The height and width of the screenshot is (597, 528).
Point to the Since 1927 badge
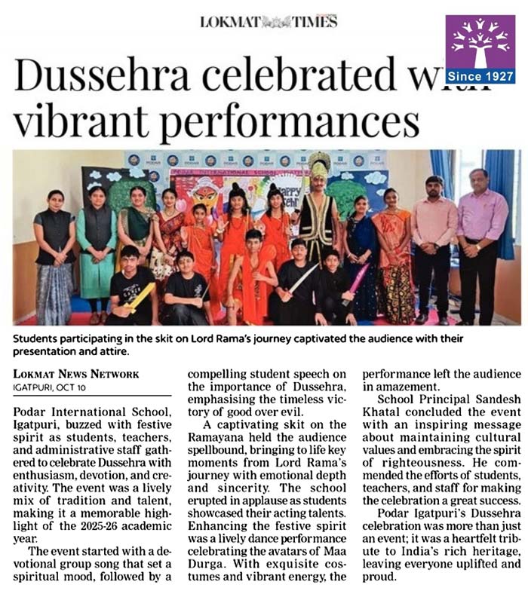pyautogui.click(x=480, y=76)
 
